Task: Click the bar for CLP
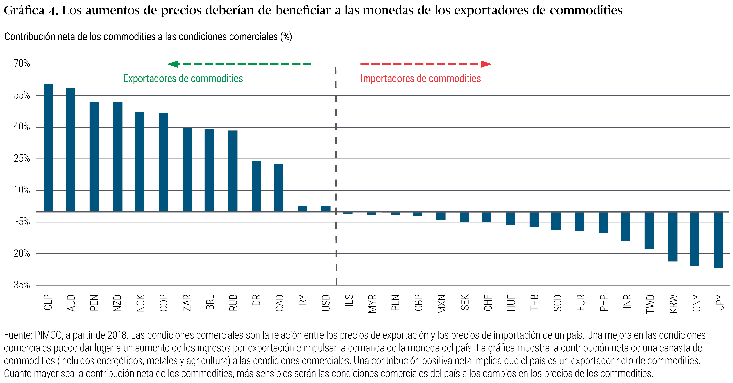pyautogui.click(x=48, y=148)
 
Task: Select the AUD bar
pyautogui.click(x=70, y=150)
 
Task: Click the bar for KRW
pyautogui.click(x=673, y=237)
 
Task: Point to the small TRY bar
pyautogui.click(x=302, y=209)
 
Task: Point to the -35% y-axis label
pyautogui.click(x=20, y=285)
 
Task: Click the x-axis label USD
pyautogui.click(x=326, y=303)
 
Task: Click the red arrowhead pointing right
pyautogui.click(x=486, y=64)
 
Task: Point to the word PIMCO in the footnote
pyautogui.click(x=48, y=335)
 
